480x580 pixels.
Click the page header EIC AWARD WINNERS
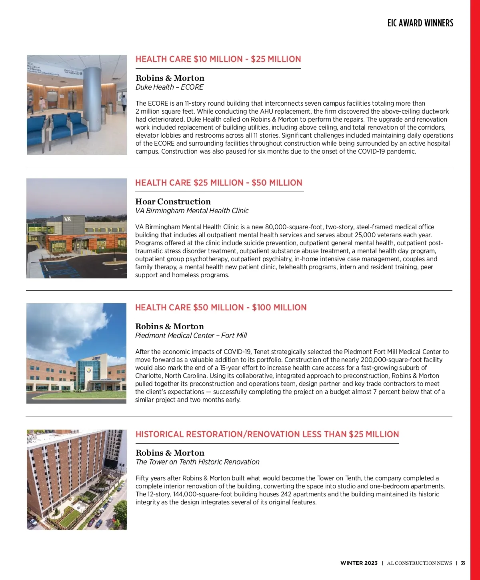[x=420, y=23]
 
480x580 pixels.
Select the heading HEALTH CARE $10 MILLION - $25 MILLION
[x=218, y=59]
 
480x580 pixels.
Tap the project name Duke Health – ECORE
[x=169, y=87]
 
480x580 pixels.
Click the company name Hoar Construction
[x=173, y=202]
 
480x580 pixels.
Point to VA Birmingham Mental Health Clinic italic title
[x=192, y=211]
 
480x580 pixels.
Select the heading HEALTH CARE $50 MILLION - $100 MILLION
[x=221, y=308]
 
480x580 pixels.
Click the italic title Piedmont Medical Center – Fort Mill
[x=191, y=336]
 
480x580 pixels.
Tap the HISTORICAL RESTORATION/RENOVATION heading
[x=267, y=434]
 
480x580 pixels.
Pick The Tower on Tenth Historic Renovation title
[x=197, y=462]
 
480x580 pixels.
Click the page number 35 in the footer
[x=463, y=563]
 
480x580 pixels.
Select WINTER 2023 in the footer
[x=359, y=563]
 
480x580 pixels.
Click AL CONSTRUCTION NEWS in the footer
[x=419, y=563]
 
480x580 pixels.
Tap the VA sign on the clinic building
[x=68, y=219]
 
